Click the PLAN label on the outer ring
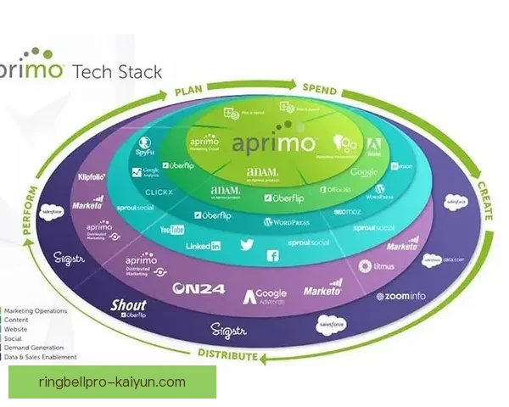pyautogui.click(x=193, y=92)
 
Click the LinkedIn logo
pyautogui.click(x=204, y=245)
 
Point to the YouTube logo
pyautogui.click(x=172, y=230)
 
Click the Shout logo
pyautogui.click(x=129, y=306)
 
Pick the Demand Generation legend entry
pyautogui.click(x=35, y=348)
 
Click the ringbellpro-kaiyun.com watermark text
pyautogui.click(x=112, y=382)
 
